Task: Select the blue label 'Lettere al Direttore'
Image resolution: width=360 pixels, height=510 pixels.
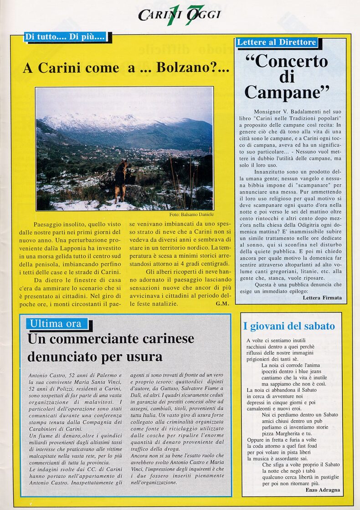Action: pos(277,42)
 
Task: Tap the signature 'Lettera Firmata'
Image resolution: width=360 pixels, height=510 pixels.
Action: pos(322,298)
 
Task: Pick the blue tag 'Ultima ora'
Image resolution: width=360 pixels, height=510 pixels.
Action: pos(56,324)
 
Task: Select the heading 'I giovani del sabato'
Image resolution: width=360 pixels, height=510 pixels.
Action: pos(289,326)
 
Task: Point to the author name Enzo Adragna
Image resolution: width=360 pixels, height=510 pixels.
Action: pos(323,490)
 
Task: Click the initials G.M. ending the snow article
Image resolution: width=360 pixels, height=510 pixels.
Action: pos(222,304)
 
